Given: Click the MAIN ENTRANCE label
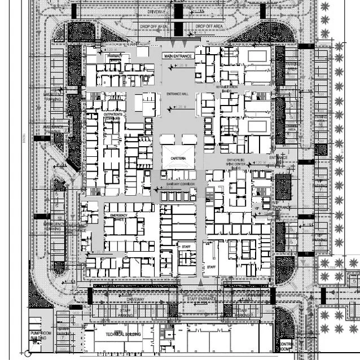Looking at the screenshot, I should [x=178, y=56].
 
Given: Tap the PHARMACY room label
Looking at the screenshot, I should [x=115, y=56].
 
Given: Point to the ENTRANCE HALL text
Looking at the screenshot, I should [x=177, y=94].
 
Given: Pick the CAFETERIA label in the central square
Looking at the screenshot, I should [x=177, y=160].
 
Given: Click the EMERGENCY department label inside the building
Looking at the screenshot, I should [x=120, y=216].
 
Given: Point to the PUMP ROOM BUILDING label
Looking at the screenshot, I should [x=41, y=337].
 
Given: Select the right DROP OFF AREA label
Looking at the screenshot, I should [x=209, y=26].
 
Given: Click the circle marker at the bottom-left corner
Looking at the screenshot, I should [x=27, y=355].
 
